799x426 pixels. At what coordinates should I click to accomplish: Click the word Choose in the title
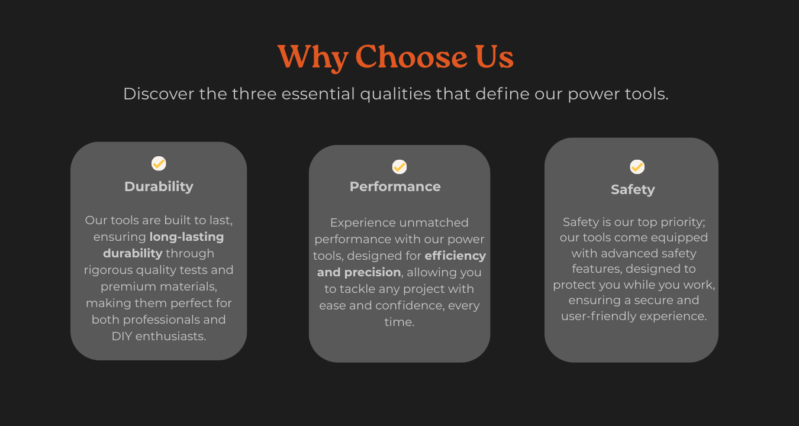tap(411, 57)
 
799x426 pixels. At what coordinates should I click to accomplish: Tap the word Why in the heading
tap(312, 57)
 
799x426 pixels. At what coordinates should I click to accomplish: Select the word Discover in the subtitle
tap(158, 94)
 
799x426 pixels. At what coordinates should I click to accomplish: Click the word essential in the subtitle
tap(318, 94)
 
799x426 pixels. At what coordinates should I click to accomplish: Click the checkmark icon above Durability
tap(159, 163)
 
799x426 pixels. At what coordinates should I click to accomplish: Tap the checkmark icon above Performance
tap(399, 167)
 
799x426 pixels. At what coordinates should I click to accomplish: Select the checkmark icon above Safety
tap(637, 167)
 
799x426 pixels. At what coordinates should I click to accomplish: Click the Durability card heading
tap(159, 186)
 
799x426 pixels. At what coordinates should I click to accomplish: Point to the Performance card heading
tap(395, 186)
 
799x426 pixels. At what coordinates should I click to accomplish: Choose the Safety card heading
tap(633, 190)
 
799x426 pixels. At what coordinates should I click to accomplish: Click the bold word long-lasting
tap(186, 237)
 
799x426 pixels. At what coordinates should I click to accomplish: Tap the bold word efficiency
tap(455, 256)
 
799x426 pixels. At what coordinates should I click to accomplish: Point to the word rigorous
tap(109, 270)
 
